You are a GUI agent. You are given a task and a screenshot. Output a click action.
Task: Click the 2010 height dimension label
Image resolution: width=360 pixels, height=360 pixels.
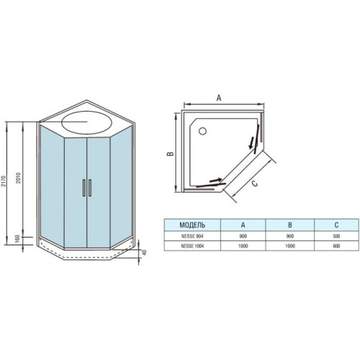coord(19,178)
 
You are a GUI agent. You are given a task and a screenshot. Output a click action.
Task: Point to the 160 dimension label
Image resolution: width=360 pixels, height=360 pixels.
coord(17,238)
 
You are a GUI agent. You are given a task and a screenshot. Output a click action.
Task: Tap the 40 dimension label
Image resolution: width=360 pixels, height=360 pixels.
coord(144,253)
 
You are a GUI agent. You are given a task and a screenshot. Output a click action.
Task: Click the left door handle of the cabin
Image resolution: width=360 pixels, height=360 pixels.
coord(84,188)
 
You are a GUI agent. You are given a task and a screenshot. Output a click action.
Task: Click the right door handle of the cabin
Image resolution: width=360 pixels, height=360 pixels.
coord(90,188)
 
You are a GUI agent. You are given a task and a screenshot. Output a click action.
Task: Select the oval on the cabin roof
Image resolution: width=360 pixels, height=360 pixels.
coord(86,122)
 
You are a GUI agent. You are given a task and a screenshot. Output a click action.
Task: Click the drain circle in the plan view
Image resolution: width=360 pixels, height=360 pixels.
coord(203,131)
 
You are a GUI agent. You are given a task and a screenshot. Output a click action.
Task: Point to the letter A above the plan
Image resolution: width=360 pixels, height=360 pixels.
coord(219,98)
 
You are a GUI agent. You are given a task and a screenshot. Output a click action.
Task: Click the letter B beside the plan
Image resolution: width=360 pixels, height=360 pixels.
coord(170,153)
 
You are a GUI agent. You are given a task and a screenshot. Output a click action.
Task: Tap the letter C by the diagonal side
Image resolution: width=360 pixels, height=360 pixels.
coord(255,184)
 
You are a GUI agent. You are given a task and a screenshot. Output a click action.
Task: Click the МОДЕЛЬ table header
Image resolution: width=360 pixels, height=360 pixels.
coord(192,225)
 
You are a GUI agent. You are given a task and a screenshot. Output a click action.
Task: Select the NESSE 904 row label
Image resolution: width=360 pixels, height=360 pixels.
coord(192,236)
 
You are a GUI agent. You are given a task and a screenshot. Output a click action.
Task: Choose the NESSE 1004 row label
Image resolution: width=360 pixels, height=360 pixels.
coord(192,246)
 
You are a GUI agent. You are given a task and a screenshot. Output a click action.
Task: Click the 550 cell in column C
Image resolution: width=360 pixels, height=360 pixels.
coord(336,236)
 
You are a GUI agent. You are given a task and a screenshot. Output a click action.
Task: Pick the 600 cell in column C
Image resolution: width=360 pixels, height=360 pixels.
coord(336,246)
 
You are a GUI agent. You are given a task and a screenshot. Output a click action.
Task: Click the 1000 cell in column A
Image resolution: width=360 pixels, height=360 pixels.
coord(243,246)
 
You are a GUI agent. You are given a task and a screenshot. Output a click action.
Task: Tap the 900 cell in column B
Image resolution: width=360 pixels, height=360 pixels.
coord(289,236)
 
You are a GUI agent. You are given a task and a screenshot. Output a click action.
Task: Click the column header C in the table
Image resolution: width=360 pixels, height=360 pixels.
coord(336,225)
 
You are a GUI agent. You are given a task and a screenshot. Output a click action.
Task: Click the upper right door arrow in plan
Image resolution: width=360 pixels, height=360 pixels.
coord(251,143)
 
